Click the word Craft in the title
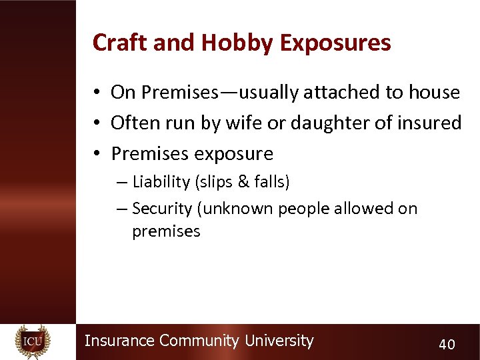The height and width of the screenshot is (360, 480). (x=115, y=43)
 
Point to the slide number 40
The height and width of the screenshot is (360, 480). (x=447, y=344)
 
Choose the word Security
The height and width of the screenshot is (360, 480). (x=162, y=209)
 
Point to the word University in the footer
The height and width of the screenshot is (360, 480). (x=279, y=341)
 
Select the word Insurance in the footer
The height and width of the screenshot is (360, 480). (x=120, y=341)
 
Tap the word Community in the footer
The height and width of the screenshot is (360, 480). (x=199, y=341)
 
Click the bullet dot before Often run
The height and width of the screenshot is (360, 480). (x=97, y=123)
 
